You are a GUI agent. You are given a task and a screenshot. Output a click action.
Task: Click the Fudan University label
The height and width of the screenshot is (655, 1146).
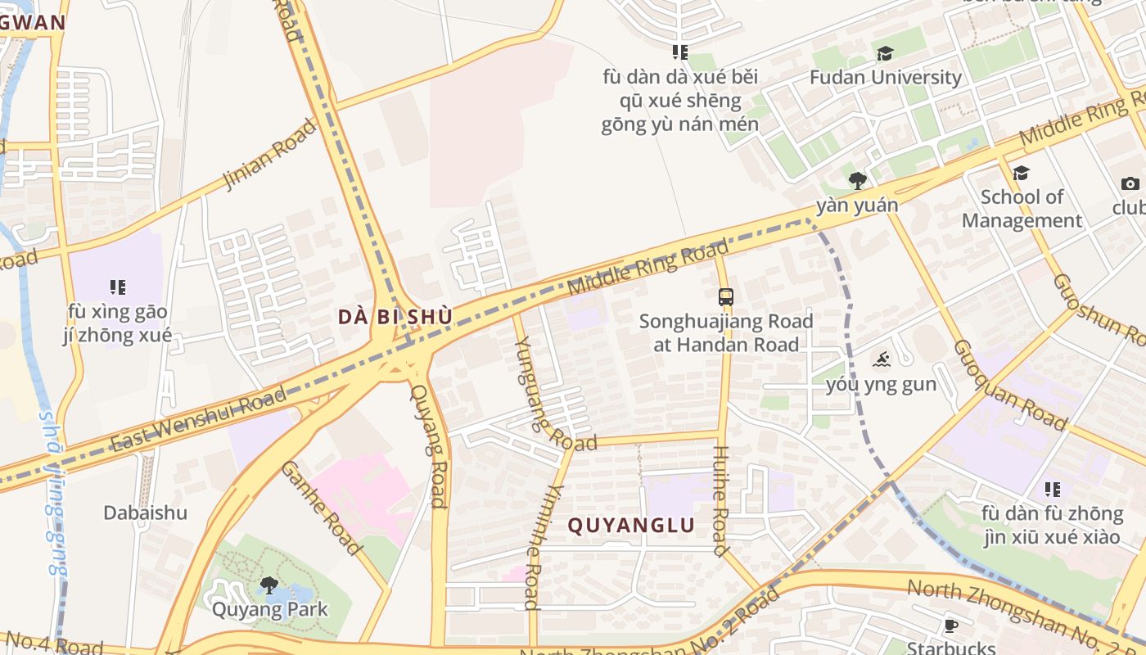pyautogui.click(x=885, y=78)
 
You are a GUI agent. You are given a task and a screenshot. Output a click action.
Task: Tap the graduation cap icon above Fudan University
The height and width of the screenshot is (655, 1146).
pyautogui.click(x=885, y=54)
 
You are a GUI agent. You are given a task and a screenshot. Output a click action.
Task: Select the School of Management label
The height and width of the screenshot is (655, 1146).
pyautogui.click(x=1022, y=209)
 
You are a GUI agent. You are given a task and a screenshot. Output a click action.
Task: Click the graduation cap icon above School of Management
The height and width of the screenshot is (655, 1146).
pyautogui.click(x=1021, y=174)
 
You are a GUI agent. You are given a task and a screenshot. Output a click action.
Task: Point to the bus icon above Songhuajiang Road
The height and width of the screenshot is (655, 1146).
pyautogui.click(x=726, y=297)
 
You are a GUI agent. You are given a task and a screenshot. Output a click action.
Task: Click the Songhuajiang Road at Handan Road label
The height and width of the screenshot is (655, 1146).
pyautogui.click(x=726, y=333)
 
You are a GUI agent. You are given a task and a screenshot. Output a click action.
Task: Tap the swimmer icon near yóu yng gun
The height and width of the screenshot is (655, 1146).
pyautogui.click(x=881, y=359)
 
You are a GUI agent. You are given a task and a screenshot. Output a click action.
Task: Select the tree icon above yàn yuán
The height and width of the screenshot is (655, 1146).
pyautogui.click(x=857, y=181)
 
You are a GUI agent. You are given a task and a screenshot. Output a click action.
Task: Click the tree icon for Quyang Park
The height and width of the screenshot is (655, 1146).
pyautogui.click(x=268, y=585)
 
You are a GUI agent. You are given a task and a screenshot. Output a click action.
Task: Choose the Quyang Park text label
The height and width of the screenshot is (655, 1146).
pyautogui.click(x=269, y=609)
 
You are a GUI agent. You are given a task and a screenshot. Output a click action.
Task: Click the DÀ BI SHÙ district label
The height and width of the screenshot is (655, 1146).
pyautogui.click(x=395, y=317)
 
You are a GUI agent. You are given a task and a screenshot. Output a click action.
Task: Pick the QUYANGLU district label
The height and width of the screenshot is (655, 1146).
pyautogui.click(x=631, y=526)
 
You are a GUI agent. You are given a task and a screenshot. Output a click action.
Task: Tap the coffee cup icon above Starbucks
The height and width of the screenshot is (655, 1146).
pyautogui.click(x=950, y=626)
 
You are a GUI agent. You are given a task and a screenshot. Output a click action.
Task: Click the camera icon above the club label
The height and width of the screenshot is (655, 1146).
pyautogui.click(x=1130, y=183)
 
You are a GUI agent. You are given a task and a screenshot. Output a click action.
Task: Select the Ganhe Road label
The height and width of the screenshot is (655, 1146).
pyautogui.click(x=322, y=508)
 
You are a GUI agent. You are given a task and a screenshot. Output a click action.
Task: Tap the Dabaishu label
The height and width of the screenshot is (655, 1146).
pyautogui.click(x=145, y=513)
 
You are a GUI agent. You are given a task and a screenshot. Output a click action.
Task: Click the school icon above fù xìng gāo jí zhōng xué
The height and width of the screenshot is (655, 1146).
pyautogui.click(x=118, y=287)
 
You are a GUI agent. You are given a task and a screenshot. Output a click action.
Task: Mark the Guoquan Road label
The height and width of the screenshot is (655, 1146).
pyautogui.click(x=1010, y=385)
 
